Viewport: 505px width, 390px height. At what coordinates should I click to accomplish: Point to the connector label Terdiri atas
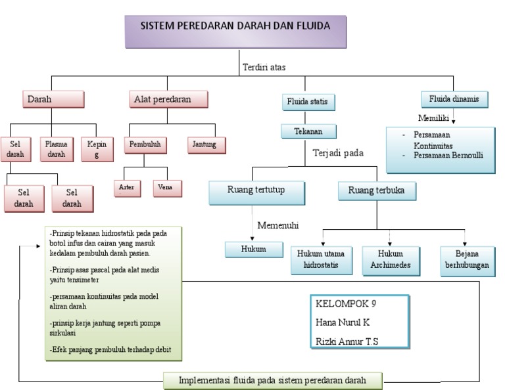coord(264,67)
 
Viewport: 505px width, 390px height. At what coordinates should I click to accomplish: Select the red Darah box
coord(53,99)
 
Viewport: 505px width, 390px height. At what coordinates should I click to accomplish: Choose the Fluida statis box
coord(307,102)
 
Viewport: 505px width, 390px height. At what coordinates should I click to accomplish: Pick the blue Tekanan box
coord(308,131)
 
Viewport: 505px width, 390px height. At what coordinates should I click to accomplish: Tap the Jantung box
coord(206,144)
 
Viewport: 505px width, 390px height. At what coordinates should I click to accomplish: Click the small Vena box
coord(166,188)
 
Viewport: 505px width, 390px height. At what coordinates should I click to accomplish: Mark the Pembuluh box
coord(145,144)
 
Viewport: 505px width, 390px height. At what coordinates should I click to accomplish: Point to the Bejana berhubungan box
coord(468,261)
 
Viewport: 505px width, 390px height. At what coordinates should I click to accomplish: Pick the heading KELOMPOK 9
coord(347,304)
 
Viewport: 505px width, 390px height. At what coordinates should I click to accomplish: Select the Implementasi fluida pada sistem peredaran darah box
coord(272,380)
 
